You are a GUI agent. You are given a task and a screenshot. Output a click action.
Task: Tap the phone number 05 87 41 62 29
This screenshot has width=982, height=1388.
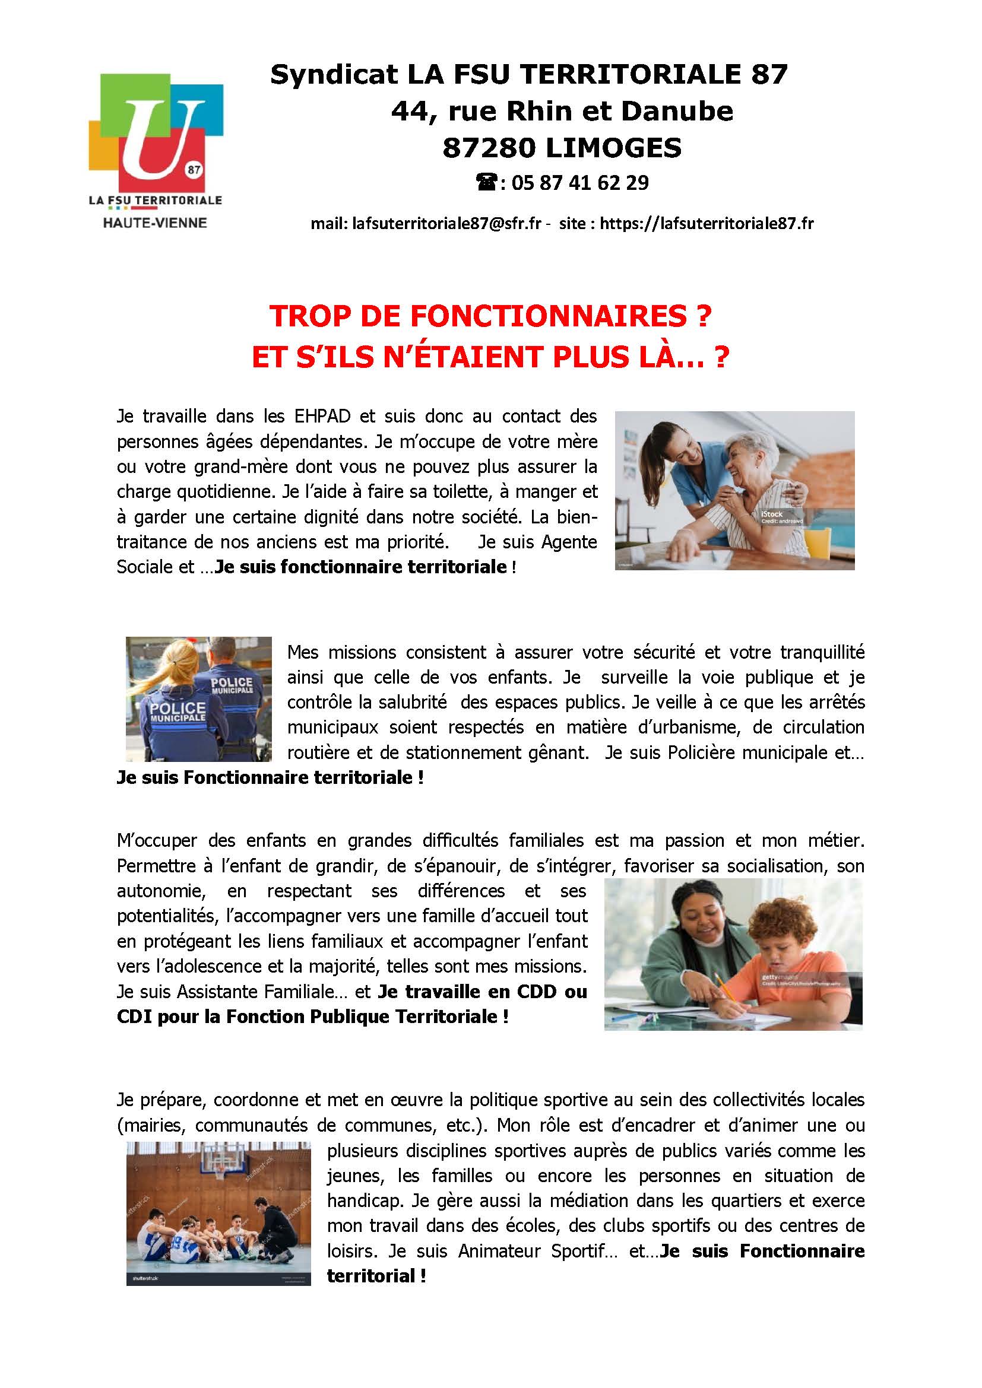pyautogui.click(x=579, y=183)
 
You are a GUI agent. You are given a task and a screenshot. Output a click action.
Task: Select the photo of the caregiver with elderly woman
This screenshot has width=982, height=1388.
pyautogui.click(x=734, y=490)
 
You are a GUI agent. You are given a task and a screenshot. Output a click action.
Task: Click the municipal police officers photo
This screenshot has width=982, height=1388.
pyautogui.click(x=198, y=699)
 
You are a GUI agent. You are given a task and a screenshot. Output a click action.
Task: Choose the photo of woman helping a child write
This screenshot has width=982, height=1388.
pyautogui.click(x=733, y=955)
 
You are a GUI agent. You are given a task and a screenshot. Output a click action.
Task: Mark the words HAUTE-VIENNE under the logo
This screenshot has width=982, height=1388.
pyautogui.click(x=155, y=223)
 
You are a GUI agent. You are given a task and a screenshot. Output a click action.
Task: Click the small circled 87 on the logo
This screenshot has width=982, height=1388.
pyautogui.click(x=194, y=170)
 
